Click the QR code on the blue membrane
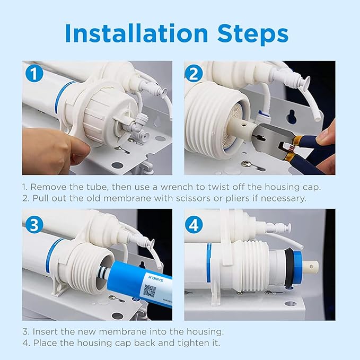coord(150,291)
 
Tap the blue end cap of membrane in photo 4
coord(296,265)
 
